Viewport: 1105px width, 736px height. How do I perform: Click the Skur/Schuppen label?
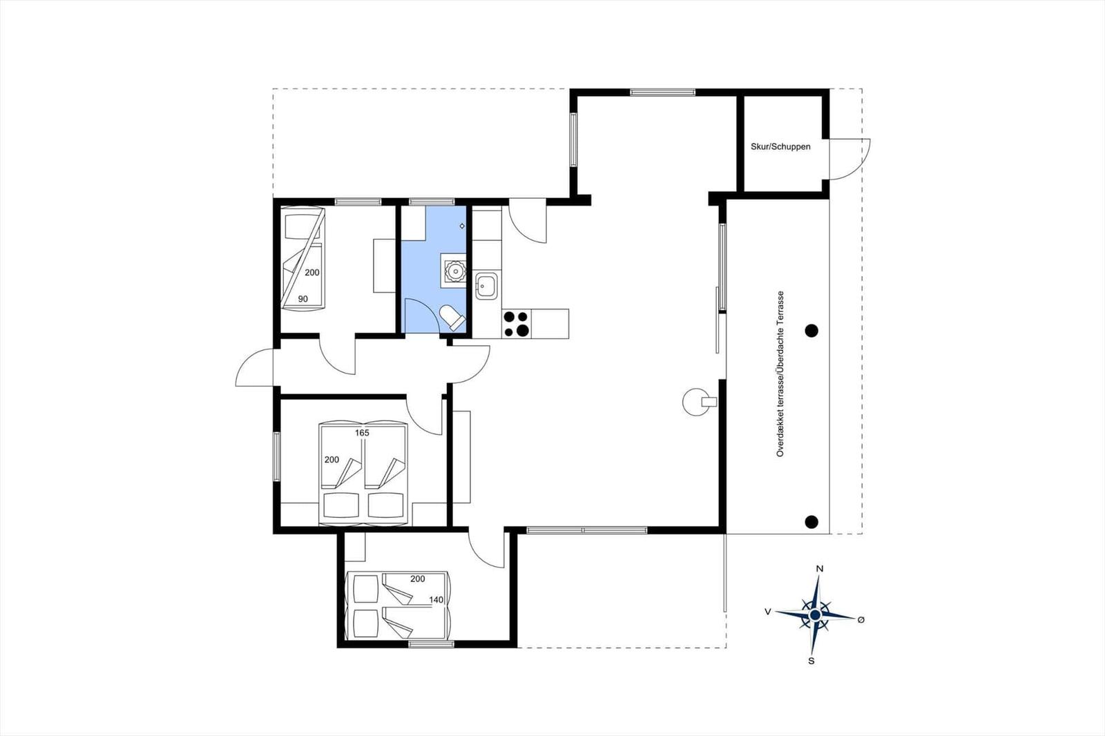pos(780,146)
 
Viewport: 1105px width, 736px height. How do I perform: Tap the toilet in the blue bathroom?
pos(452,317)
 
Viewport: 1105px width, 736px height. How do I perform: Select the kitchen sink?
pos(486,286)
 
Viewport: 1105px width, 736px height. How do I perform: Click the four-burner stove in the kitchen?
pos(517,324)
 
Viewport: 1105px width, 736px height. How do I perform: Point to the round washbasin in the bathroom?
pos(454,270)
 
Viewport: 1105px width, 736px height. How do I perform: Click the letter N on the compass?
pos(820,569)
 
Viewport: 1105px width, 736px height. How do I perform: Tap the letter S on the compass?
pos(811,661)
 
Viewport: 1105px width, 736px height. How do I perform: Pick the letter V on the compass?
pos(767,612)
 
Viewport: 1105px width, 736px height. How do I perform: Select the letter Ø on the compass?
pos(861,619)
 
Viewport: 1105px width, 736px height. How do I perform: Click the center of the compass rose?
pos(815,614)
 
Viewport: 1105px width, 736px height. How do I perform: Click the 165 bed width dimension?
pos(362,433)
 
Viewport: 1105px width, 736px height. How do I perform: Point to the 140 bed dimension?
pos(436,600)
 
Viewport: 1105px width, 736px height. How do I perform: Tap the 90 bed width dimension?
pos(303,299)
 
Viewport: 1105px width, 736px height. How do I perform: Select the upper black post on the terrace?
pos(811,331)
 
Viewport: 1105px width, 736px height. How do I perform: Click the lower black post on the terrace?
pos(811,521)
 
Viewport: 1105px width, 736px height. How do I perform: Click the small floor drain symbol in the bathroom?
pos(462,226)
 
